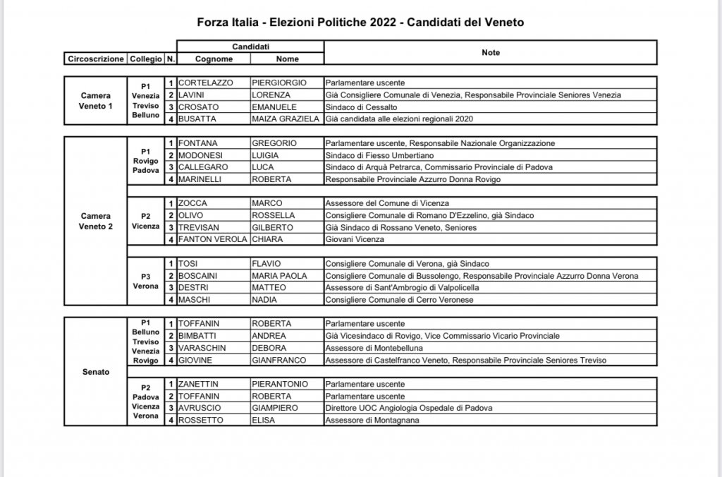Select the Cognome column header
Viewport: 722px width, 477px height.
tap(214, 59)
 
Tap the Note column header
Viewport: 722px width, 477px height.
tap(491, 52)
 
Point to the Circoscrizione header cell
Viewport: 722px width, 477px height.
tap(94, 59)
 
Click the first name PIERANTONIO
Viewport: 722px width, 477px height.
tap(280, 384)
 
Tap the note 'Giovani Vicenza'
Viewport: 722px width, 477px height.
tap(355, 240)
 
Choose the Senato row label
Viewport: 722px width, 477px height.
tap(95, 372)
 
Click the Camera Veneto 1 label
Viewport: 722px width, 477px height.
tap(95, 100)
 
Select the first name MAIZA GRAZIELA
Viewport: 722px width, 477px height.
tap(286, 119)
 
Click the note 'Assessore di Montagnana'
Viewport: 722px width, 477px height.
tap(372, 421)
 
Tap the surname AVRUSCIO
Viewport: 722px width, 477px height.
tap(201, 409)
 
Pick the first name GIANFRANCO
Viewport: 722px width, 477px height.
tap(279, 361)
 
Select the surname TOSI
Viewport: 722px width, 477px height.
tap(189, 264)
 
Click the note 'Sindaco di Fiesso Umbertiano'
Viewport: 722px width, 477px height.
tap(379, 155)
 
